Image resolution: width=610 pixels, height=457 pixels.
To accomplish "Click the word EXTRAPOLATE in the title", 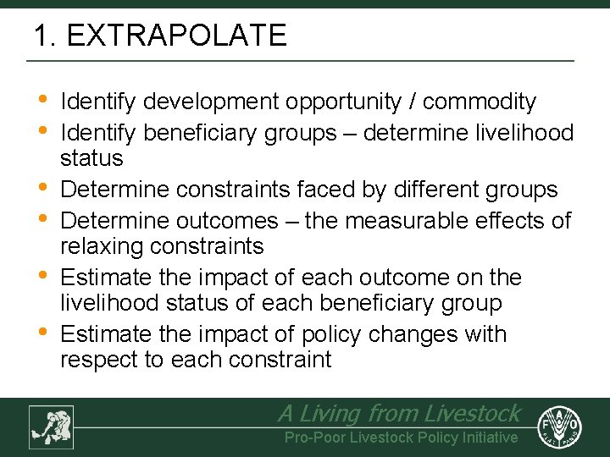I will coord(176,36).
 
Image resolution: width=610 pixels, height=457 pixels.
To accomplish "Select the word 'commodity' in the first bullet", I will coord(480,102).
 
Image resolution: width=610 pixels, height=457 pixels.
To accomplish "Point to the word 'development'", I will coord(212,102).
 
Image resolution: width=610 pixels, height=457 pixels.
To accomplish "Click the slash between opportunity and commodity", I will coord(412,102).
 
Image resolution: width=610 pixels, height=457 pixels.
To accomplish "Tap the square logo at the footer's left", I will coord(51,427).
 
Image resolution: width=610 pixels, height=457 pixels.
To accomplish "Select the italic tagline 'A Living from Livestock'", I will coord(399,413).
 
